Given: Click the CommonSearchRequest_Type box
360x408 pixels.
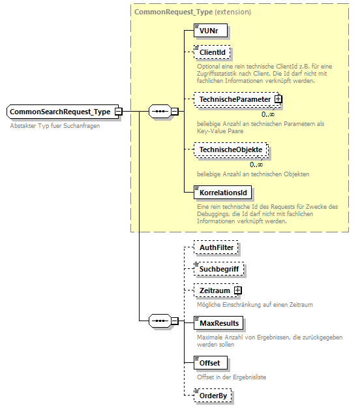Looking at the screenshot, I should click(x=59, y=112).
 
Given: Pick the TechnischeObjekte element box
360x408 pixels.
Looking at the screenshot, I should click(x=231, y=150).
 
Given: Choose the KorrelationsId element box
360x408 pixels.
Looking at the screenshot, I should click(x=222, y=193).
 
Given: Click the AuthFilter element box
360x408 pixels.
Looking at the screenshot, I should click(x=217, y=247).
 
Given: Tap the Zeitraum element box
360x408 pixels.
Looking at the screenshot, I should click(x=214, y=290).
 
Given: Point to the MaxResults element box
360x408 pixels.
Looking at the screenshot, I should click(x=220, y=323).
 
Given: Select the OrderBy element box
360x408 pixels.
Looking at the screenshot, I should click(x=214, y=395).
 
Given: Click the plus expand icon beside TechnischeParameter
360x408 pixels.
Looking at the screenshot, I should click(x=278, y=99).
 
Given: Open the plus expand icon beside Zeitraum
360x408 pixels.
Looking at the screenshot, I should click(x=237, y=290).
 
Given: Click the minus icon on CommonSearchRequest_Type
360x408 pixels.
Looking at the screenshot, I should click(x=118, y=112).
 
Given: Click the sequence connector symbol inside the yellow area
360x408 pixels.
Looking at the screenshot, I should click(x=159, y=112).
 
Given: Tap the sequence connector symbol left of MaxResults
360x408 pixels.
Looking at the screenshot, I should click(x=159, y=321).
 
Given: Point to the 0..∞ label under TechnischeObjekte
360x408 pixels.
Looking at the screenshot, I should click(x=256, y=164).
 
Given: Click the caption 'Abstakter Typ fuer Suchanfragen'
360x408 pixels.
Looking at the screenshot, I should click(x=55, y=125).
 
